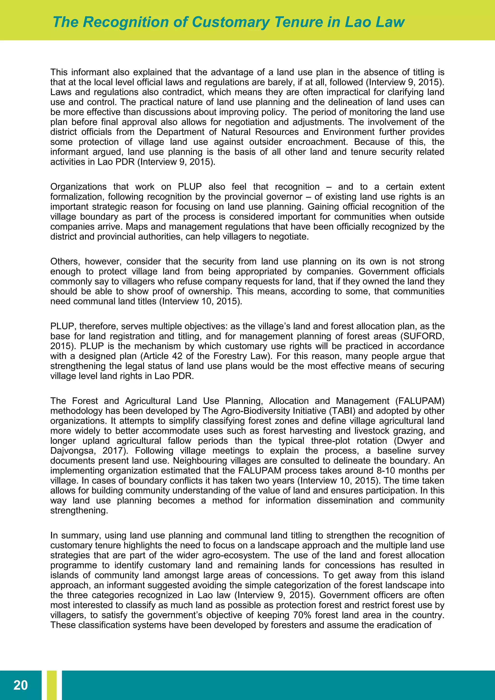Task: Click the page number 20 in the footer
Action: (20, 685)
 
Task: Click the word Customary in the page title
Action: (231, 22)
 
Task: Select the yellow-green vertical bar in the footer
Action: (52, 685)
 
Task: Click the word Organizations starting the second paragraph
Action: (78, 187)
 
